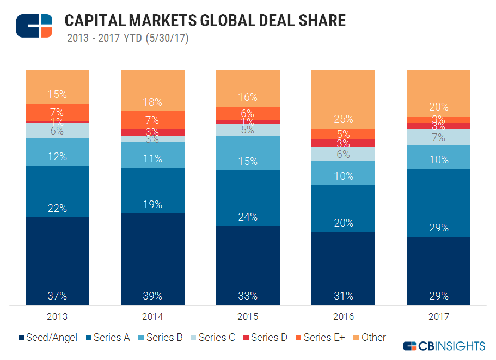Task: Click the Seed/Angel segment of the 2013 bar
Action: click(57, 261)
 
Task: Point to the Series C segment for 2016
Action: click(343, 154)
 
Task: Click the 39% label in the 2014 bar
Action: click(152, 296)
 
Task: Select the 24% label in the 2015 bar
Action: click(248, 217)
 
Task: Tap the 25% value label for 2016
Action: click(343, 119)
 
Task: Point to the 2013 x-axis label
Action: click(57, 316)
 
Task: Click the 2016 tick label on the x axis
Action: click(343, 316)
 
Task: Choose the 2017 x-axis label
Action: click(438, 316)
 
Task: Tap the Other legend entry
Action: click(369, 338)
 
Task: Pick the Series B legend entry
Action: click(160, 338)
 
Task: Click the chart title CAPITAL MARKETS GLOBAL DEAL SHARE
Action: click(205, 21)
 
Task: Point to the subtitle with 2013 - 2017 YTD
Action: click(127, 39)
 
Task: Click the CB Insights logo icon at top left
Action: click(34, 26)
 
